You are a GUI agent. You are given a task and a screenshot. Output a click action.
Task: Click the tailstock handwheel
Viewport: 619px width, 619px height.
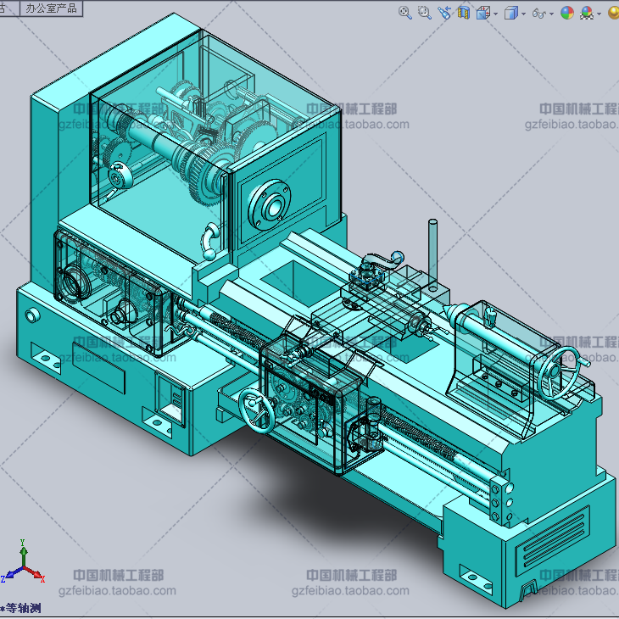(562, 372)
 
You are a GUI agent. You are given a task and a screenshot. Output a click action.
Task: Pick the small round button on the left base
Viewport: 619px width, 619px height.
(32, 316)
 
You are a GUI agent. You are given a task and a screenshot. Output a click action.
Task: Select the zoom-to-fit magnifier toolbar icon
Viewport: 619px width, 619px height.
(405, 12)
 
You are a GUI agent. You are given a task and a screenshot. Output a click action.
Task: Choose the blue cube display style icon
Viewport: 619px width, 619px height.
(510, 13)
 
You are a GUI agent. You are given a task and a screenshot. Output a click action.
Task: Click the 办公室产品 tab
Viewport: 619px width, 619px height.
(51, 8)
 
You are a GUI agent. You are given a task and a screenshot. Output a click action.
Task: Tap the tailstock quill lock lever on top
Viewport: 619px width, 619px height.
(488, 317)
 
